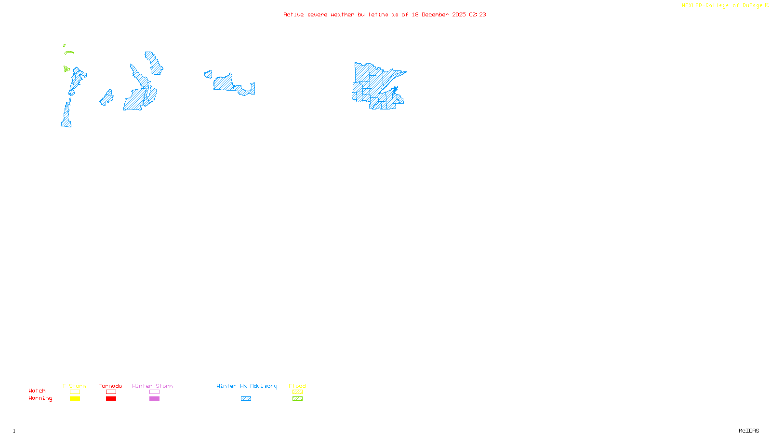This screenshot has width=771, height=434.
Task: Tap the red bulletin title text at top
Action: click(x=385, y=15)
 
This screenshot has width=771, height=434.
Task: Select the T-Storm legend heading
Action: click(x=74, y=386)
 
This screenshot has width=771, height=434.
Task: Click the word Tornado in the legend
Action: click(x=110, y=386)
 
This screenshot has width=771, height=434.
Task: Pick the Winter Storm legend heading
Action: click(x=152, y=386)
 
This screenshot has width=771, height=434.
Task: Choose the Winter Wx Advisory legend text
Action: click(x=247, y=386)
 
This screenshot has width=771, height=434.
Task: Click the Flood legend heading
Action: click(x=297, y=386)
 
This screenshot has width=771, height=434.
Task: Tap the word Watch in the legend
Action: click(x=37, y=391)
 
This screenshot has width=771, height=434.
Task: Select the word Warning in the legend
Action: click(x=40, y=398)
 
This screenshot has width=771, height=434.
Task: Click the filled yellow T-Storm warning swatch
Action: click(x=75, y=399)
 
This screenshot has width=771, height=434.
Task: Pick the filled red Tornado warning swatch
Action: click(x=111, y=399)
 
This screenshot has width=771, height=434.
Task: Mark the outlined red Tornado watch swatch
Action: click(x=111, y=392)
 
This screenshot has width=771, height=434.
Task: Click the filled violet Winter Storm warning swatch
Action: click(x=154, y=399)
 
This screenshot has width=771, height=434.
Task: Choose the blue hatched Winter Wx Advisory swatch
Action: click(x=246, y=399)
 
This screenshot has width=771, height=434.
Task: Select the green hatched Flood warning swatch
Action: click(x=297, y=399)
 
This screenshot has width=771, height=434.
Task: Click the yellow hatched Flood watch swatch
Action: click(x=297, y=392)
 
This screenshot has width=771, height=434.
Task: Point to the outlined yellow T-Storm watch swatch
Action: click(x=75, y=392)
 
